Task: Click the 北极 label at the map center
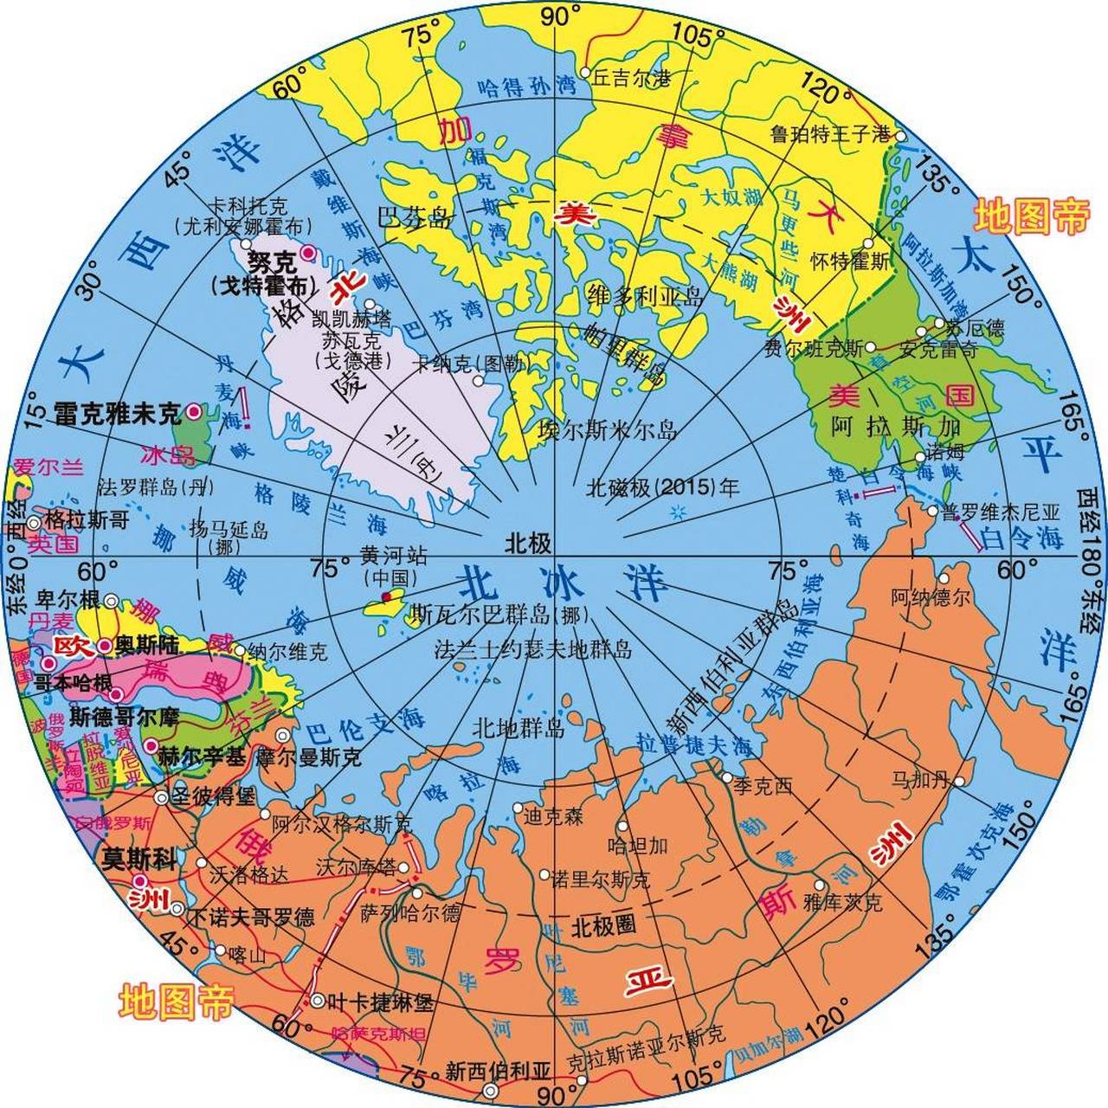click(528, 544)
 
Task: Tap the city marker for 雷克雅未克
click(194, 413)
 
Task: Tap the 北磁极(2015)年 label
click(662, 487)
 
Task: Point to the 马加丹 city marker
click(960, 781)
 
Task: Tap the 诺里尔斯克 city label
click(600, 879)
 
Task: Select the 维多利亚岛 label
click(644, 296)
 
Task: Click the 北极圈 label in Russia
click(603, 926)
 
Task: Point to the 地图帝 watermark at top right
click(1031, 216)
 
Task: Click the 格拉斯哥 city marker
click(34, 523)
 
